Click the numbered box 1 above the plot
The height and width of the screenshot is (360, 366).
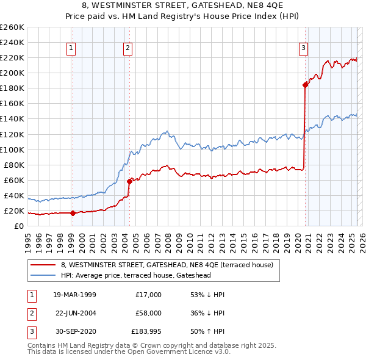tap(71, 48)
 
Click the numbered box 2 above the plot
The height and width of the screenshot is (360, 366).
tap(127, 48)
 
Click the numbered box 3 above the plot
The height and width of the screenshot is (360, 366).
tap(303, 48)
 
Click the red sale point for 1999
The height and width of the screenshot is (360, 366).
tap(73, 213)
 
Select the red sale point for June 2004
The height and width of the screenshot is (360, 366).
tap(129, 181)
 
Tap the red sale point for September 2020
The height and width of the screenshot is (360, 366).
tap(305, 85)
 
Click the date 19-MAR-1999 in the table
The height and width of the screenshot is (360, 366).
tap(75, 295)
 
